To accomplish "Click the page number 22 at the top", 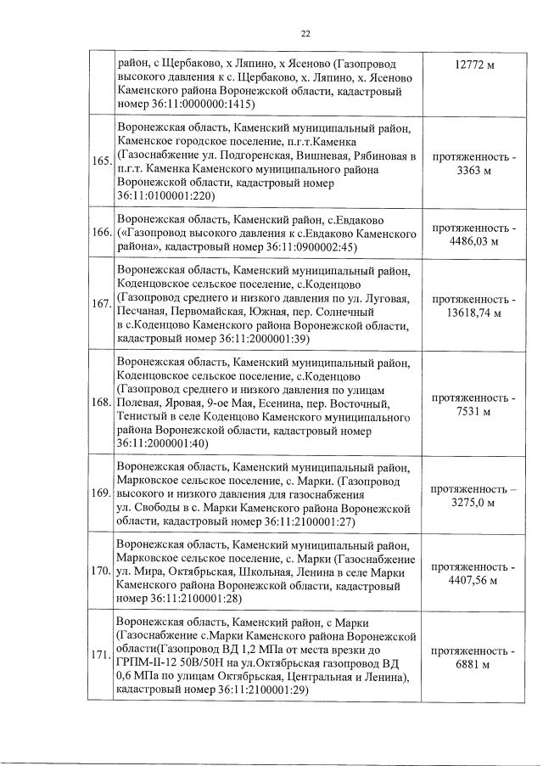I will pos(305,33).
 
